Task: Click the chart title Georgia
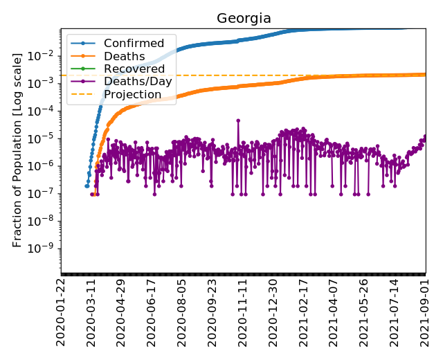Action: tap(244, 18)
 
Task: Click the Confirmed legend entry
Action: tap(134, 44)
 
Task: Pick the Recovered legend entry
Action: tap(134, 69)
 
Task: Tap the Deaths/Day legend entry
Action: tap(137, 82)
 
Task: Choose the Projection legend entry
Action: tap(132, 94)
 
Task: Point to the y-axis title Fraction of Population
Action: tap(18, 148)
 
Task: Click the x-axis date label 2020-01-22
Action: tap(62, 311)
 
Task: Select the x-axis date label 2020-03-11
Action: tap(92, 311)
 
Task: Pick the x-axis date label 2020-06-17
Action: tap(152, 311)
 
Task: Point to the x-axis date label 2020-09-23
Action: tap(213, 311)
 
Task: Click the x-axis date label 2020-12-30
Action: tap(273, 311)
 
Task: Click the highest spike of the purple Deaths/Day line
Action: tap(238, 120)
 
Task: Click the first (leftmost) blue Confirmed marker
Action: tap(87, 186)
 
